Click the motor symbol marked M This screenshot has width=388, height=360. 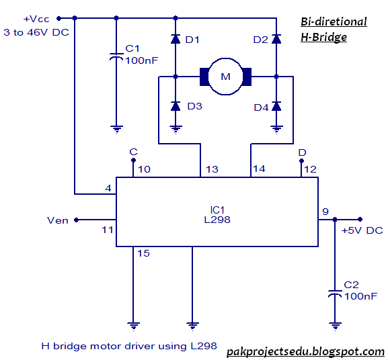point(225,77)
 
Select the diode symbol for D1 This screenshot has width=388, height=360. point(176,39)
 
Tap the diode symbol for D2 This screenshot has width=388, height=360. point(276,39)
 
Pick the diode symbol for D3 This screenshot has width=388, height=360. point(176,106)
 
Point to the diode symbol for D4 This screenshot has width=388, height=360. point(276,106)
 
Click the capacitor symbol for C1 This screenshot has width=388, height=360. point(116,56)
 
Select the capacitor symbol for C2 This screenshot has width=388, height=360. point(335,294)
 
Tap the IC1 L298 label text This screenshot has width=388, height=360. point(217,215)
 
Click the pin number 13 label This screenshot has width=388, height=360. point(212,169)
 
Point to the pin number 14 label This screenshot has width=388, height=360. point(259,169)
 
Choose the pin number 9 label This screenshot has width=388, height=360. point(325,212)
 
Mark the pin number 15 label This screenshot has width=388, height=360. point(143,253)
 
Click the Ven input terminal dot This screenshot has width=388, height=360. point(77,220)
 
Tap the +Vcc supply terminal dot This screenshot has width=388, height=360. point(59,18)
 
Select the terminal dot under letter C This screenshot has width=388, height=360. point(133,161)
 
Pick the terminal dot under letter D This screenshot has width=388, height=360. point(301,161)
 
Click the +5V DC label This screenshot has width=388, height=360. point(362,230)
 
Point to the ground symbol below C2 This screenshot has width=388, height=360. point(335,326)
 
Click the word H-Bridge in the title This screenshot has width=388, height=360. point(323,38)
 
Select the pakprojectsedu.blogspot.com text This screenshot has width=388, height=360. point(305,351)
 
